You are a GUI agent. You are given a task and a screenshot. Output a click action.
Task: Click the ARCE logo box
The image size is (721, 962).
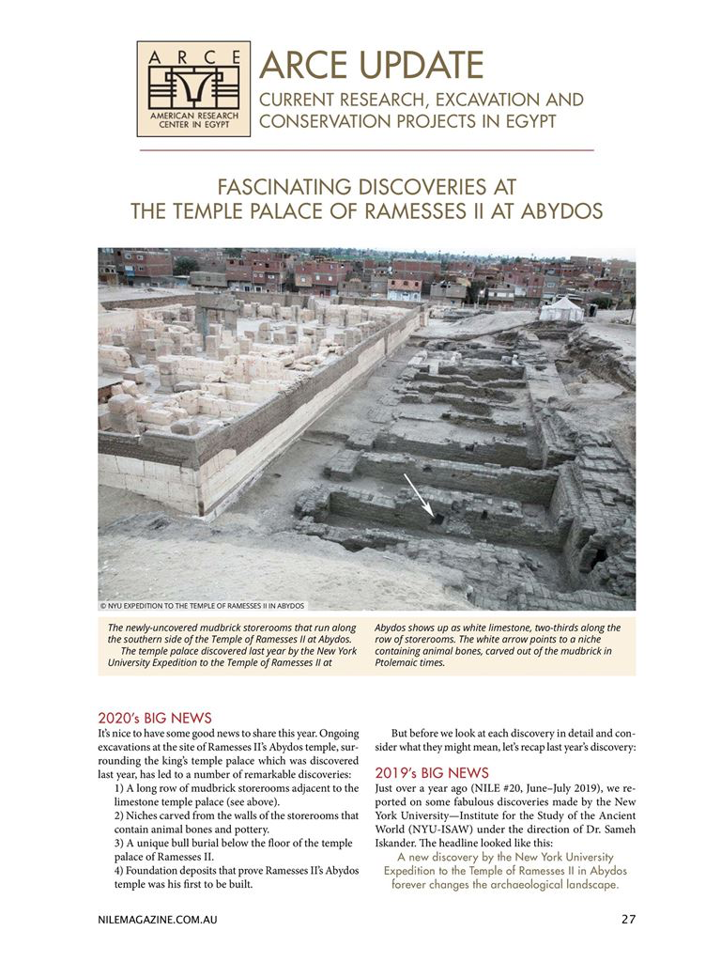coord(193,88)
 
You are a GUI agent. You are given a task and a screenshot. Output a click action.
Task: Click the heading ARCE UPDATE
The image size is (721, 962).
coord(372,65)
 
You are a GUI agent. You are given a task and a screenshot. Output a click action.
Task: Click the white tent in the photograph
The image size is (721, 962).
coord(561,307)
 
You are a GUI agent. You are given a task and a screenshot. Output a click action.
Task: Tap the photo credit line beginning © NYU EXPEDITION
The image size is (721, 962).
coord(203,606)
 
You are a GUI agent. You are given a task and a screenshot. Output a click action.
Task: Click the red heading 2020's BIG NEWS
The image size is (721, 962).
coord(155,717)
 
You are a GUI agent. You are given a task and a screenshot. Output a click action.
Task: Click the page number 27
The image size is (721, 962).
coord(629,919)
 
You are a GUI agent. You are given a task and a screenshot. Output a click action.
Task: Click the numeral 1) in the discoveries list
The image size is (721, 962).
coord(120,787)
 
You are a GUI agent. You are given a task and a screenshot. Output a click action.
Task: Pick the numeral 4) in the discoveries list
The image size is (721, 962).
coord(120,871)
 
